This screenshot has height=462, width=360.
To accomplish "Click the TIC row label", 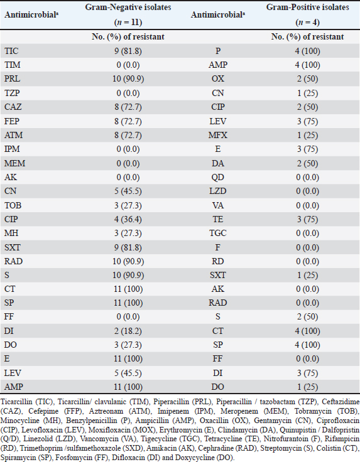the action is click(x=11, y=51).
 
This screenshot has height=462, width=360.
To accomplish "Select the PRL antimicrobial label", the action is click(x=12, y=79).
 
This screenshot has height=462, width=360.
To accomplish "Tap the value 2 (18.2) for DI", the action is click(x=128, y=331).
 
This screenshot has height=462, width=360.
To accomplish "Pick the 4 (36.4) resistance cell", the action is click(x=128, y=219).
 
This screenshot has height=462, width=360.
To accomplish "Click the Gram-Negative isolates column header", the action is click(x=128, y=7).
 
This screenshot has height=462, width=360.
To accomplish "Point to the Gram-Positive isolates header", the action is click(x=307, y=7).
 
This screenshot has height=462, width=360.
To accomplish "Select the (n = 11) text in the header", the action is click(x=128, y=22).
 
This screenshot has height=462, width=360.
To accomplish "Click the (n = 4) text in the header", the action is click(x=307, y=22).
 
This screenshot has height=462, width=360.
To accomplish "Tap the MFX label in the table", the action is click(x=217, y=135).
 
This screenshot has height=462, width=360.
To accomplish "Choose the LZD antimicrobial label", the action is click(x=217, y=191).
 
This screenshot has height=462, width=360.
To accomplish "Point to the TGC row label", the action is click(x=217, y=233).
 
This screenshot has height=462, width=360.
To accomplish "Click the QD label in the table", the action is click(x=217, y=178).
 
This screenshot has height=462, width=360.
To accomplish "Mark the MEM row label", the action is click(x=14, y=163).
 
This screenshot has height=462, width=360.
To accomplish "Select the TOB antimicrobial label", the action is click(x=13, y=205).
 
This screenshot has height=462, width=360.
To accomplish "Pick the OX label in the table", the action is click(x=217, y=79).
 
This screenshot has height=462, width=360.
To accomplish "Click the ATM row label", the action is click(x=14, y=135).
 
